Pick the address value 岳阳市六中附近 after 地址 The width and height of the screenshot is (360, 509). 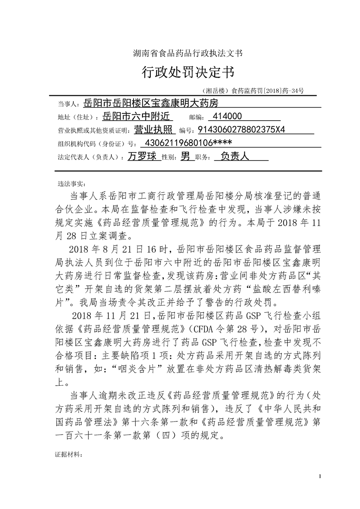(x=136, y=117)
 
